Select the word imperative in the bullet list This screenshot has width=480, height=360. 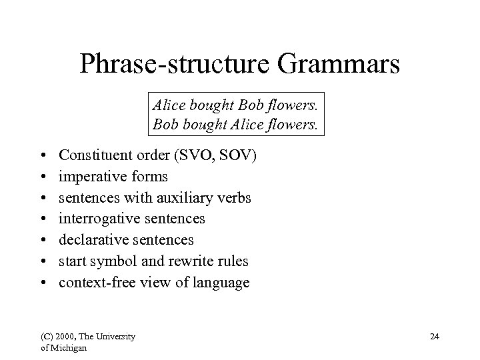89,177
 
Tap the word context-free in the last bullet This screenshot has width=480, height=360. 95,283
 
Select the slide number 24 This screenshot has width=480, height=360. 434,337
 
